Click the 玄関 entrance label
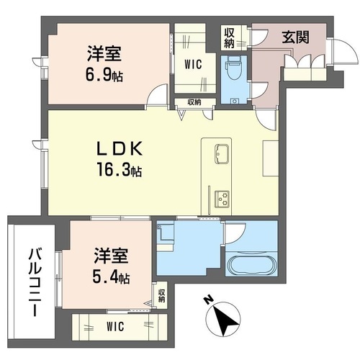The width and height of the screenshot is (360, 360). click(x=295, y=37)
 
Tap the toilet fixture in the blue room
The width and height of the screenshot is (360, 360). click(x=233, y=68)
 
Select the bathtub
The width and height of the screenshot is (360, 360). click(x=251, y=266)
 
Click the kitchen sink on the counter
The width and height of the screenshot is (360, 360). click(x=222, y=154)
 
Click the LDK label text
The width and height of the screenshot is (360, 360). click(x=120, y=149)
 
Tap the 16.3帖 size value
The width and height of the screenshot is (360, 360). click(x=120, y=169)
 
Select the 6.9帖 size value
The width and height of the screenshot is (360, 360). click(x=104, y=75)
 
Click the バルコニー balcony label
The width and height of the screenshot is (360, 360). click(x=35, y=282)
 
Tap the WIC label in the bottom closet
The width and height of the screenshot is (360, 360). click(x=115, y=326)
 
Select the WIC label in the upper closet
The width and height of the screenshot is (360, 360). click(x=193, y=64)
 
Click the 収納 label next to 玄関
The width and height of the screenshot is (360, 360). click(x=230, y=38)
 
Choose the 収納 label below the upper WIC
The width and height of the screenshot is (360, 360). click(x=194, y=102)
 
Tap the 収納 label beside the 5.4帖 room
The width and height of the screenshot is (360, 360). click(x=161, y=296)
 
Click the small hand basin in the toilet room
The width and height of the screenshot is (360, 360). click(x=234, y=101)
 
